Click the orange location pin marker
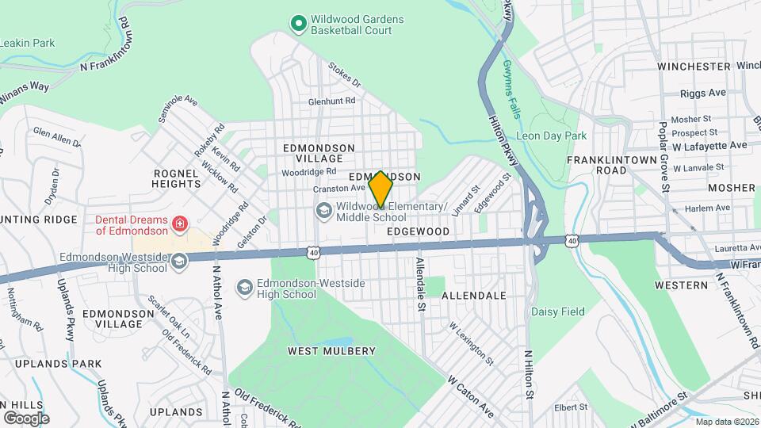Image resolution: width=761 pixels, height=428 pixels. click(380, 189)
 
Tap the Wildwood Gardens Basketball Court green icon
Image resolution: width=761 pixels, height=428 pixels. click(298, 25)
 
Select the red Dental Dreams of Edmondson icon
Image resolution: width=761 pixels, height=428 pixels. click(180, 224)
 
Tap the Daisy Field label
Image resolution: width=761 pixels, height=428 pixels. click(557, 311)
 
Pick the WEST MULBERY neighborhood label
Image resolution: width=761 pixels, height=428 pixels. click(331, 351)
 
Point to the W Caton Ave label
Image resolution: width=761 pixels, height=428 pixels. click(470, 397)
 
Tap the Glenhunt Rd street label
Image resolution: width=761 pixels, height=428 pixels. click(332, 101)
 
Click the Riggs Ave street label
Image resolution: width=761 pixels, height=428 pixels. click(703, 93)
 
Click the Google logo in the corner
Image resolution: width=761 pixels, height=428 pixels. click(26, 418)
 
